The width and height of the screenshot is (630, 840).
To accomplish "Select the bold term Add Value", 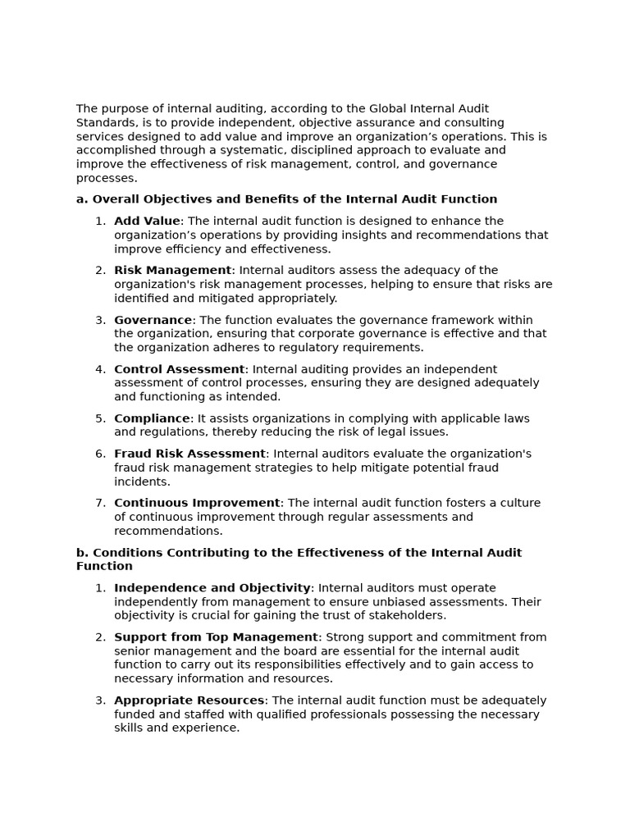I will (x=147, y=221).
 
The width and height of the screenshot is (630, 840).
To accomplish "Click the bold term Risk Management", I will (x=172, y=271).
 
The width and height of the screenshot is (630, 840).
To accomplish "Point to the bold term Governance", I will (x=153, y=320).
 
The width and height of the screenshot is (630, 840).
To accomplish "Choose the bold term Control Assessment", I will (x=179, y=369).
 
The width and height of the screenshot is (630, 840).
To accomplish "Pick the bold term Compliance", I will (x=152, y=418).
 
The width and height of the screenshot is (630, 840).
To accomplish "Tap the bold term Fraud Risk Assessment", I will (x=189, y=454).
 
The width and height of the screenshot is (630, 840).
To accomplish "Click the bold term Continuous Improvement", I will (x=197, y=503).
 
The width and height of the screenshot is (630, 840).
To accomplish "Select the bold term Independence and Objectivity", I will (x=212, y=588).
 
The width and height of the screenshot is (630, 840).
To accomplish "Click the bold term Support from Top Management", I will (x=216, y=637).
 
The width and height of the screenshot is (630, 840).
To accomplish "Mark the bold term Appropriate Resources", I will (x=189, y=701).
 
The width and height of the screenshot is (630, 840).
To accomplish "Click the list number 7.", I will (x=99, y=503).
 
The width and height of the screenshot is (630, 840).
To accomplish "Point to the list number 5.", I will (x=99, y=418).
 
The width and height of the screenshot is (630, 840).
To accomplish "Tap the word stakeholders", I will (x=407, y=615).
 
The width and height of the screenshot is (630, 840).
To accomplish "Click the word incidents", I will (x=142, y=482).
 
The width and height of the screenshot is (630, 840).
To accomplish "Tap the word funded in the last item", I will (x=133, y=714).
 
